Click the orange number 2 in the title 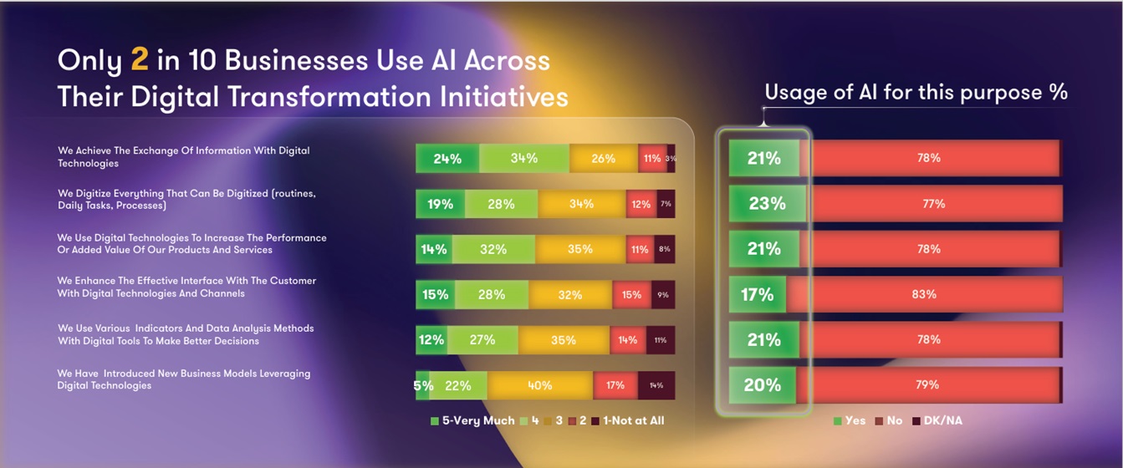click(x=140, y=60)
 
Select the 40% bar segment click(x=540, y=385)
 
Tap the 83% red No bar click(x=924, y=294)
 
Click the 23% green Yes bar click(x=767, y=203)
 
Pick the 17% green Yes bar click(x=757, y=294)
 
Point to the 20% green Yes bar click(x=762, y=385)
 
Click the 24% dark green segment click(x=447, y=158)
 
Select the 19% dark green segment click(x=441, y=204)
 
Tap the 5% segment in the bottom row click(x=423, y=385)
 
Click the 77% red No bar click(x=933, y=203)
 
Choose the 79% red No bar click(x=927, y=385)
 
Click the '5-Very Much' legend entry click(x=472, y=420)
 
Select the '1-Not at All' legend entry click(x=628, y=420)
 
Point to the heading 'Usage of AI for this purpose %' click(x=916, y=92)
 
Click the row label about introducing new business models click(x=183, y=379)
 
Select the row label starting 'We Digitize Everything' click(x=186, y=199)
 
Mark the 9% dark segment click(x=662, y=294)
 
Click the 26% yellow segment click(x=603, y=158)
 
